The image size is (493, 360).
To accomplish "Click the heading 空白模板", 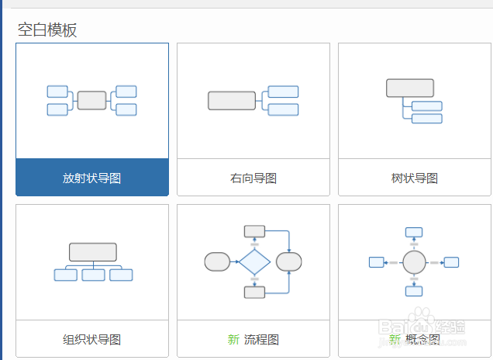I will pyautogui.click(x=47, y=29).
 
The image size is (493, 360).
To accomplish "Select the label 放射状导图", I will pyautogui.click(x=91, y=178).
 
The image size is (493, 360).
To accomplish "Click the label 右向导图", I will pyautogui.click(x=253, y=178).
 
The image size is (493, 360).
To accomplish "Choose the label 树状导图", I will pyautogui.click(x=414, y=178).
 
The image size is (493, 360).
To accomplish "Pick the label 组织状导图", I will pyautogui.click(x=91, y=339).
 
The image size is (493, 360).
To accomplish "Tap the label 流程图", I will pyautogui.click(x=261, y=339).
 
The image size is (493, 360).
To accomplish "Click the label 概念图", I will pyautogui.click(x=423, y=339).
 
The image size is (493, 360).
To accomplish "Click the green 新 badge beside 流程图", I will pyautogui.click(x=233, y=339).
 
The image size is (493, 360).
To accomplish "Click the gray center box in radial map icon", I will pyautogui.click(x=91, y=100).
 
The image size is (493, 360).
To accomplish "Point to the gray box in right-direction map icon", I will pyautogui.click(x=231, y=100).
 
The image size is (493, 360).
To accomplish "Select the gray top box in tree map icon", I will pyautogui.click(x=409, y=88).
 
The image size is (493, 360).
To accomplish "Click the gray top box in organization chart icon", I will pyautogui.click(x=92, y=251).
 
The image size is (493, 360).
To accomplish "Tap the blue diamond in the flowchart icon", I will pyautogui.click(x=254, y=261).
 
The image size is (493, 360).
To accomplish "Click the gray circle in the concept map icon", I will pyautogui.click(x=415, y=262).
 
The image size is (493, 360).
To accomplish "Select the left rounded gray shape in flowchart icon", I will pyautogui.click(x=217, y=261).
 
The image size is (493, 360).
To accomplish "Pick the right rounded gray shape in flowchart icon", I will pyautogui.click(x=289, y=261).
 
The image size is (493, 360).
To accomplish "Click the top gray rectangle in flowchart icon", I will pyautogui.click(x=254, y=230).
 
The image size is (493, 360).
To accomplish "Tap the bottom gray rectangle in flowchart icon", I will pyautogui.click(x=254, y=292).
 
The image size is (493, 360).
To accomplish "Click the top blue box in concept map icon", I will pyautogui.click(x=414, y=231).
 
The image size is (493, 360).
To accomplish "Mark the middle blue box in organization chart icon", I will pyautogui.click(x=93, y=275).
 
